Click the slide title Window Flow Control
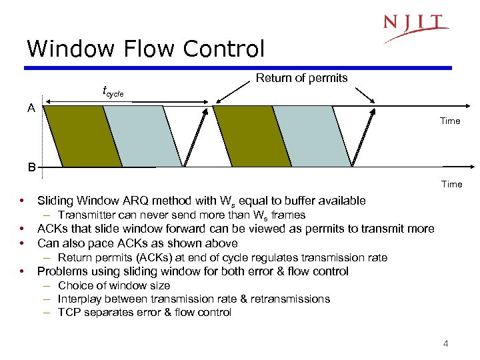(x=145, y=49)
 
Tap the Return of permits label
(x=301, y=78)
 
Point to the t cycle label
(x=113, y=91)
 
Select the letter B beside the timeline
(x=31, y=167)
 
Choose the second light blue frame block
(x=312, y=136)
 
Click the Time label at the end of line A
(x=450, y=121)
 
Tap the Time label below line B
(x=451, y=183)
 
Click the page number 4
(x=446, y=344)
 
